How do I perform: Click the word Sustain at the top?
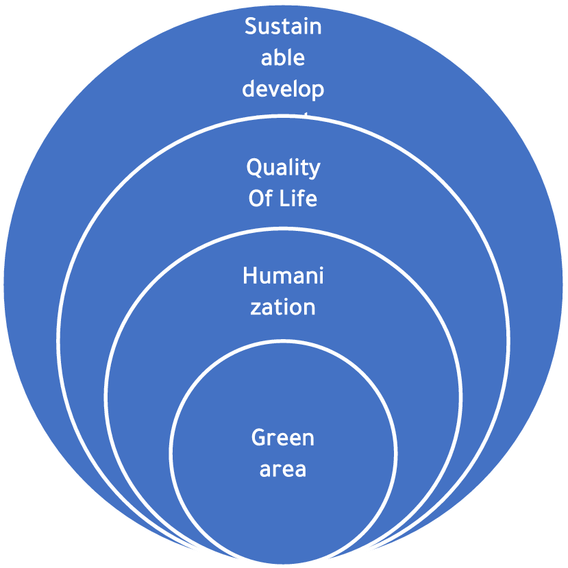pos(283,27)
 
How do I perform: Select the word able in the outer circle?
pos(283,58)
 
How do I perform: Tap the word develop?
pos(283,89)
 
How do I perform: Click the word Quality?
pos(283,168)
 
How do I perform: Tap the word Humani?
pos(283,276)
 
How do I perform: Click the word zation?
pos(283,307)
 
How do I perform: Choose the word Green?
pos(283,438)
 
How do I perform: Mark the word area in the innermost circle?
pos(283,470)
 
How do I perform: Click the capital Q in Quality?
pos(254,167)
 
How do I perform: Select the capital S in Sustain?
pos(251,27)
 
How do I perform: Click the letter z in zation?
pos(255,308)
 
